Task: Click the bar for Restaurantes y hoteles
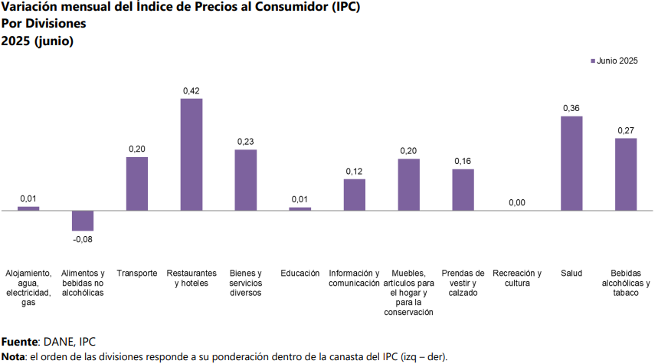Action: (192, 154)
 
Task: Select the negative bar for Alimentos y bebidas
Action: (83, 221)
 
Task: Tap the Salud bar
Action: (571, 163)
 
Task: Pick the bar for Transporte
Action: (137, 184)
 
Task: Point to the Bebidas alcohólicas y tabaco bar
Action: (626, 174)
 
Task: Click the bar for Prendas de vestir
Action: (463, 189)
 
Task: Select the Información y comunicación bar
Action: (354, 195)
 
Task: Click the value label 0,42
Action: (192, 90)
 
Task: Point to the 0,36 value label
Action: (571, 108)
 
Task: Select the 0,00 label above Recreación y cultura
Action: (517, 202)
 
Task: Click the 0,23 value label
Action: (246, 142)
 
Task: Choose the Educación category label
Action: (300, 274)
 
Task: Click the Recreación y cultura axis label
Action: (517, 278)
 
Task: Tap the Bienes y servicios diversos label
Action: (246, 283)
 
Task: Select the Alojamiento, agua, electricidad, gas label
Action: (28, 287)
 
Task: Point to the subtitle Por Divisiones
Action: (44, 24)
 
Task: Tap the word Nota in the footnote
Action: (13, 356)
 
